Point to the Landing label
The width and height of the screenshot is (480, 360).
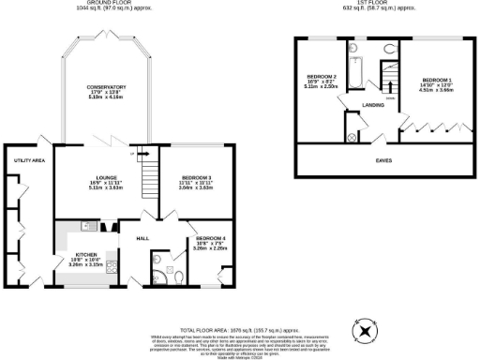[372, 105]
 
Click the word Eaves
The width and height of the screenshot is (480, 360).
[383, 160]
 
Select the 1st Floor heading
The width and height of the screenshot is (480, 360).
[381, 4]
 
